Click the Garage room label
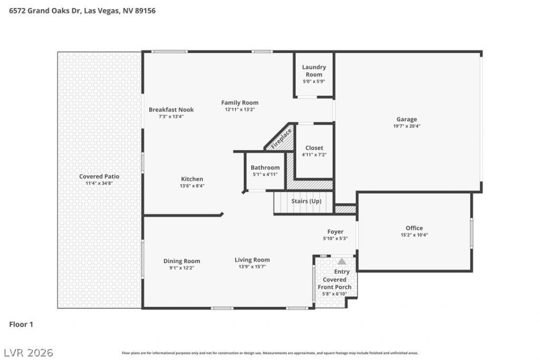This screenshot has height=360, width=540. click(x=407, y=120)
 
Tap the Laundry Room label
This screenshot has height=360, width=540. click(x=314, y=71)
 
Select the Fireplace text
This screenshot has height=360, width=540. click(x=282, y=139)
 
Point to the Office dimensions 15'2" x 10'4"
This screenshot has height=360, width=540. click(x=414, y=235)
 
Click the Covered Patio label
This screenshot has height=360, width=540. click(x=99, y=177)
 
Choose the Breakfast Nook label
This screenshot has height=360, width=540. click(x=171, y=110)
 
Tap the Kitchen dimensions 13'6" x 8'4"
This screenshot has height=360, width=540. click(x=192, y=186)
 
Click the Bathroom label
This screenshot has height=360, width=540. click(x=265, y=168)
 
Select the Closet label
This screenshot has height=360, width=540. click(x=314, y=148)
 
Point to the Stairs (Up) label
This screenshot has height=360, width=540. click(x=306, y=201)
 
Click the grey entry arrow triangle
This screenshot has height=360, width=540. click(x=342, y=261)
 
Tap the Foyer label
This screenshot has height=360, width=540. click(x=335, y=232)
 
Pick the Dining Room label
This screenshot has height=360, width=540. click(x=181, y=261)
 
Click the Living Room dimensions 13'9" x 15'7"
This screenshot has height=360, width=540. click(x=252, y=267)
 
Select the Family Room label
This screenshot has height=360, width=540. click(x=240, y=103)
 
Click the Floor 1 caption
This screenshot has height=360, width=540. click(x=21, y=324)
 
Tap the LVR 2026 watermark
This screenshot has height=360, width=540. click(x=28, y=353)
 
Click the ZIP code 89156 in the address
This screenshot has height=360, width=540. click(x=145, y=11)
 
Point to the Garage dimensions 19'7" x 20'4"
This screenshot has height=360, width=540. click(x=407, y=126)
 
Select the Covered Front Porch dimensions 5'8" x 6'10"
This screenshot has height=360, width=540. click(x=334, y=294)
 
